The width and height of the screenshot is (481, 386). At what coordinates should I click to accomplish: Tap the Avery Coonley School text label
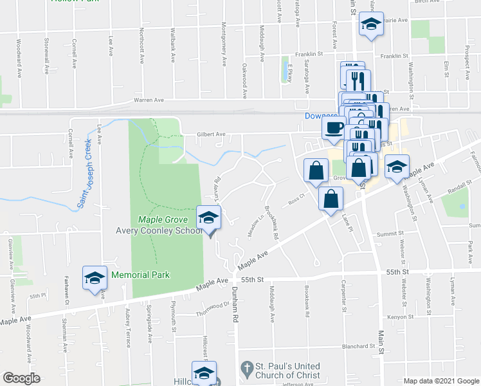pos(158,231)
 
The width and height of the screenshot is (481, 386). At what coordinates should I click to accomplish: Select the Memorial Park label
pos(140,275)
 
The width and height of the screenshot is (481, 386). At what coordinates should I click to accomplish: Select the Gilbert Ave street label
pos(212,134)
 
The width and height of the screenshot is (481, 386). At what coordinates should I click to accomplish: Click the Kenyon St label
pos(399,317)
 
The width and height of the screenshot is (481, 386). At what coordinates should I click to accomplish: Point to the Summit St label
pos(390,234)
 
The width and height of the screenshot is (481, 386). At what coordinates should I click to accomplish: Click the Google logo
pos(21,378)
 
